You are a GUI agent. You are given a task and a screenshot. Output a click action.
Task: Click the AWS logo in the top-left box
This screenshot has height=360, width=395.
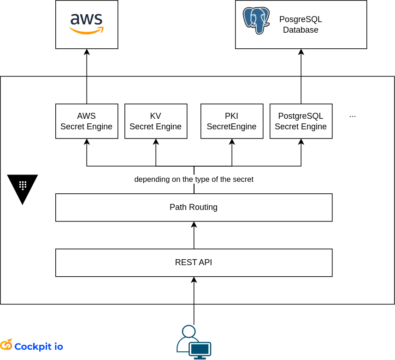tap(87, 23)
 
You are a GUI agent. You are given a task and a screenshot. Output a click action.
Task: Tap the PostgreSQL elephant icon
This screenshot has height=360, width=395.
tap(256, 20)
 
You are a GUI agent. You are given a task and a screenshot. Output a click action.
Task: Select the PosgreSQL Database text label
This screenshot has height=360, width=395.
tap(301, 25)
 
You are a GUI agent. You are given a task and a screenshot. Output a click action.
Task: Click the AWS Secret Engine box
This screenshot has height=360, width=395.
tap(87, 121)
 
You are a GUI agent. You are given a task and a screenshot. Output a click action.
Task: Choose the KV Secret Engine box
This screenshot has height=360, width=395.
tap(156, 121)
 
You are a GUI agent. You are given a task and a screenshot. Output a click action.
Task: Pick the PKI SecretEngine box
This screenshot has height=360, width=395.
tap(232, 121)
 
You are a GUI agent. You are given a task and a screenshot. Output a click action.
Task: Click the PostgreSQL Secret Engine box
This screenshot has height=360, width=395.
tap(301, 121)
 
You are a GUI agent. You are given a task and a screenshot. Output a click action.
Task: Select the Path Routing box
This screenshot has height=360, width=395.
tap(194, 207)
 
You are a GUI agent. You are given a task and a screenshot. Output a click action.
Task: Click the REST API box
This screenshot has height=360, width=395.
tap(194, 262)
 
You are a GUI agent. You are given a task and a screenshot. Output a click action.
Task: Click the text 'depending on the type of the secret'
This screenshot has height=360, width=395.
tap(194, 179)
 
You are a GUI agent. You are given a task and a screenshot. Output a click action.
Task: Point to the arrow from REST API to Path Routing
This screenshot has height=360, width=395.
tap(194, 235)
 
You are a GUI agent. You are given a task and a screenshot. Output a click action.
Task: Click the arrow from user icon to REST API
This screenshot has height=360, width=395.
tap(194, 302)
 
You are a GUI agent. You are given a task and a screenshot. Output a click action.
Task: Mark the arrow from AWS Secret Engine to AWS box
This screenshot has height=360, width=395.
tap(87, 76)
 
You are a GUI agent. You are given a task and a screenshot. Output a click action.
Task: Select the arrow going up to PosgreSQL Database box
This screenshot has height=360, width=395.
tap(301, 76)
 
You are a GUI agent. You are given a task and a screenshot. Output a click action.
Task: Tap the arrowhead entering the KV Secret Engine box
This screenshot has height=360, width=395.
tap(156, 142)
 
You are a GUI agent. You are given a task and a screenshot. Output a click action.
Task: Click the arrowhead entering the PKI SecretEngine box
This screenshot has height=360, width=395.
tap(232, 142)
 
